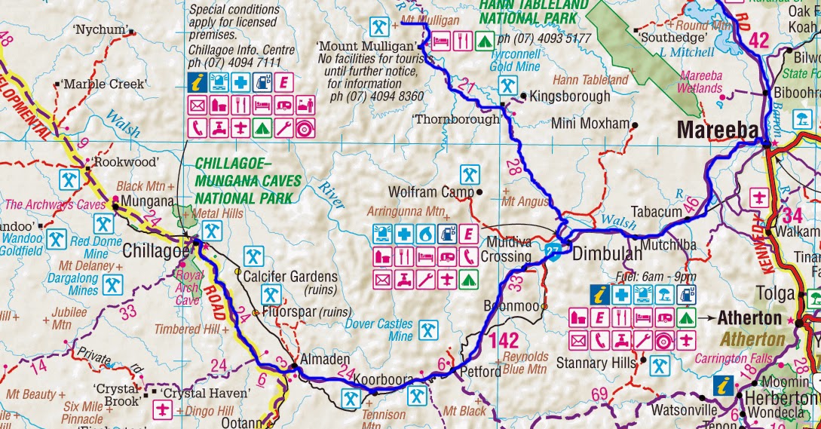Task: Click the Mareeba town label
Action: [717, 130]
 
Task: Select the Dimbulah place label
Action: [608, 254]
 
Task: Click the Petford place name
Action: [479, 372]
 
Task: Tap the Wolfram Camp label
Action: [430, 192]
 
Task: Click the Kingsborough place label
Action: [570, 97]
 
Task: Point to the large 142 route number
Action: [504, 340]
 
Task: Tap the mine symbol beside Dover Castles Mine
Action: [428, 330]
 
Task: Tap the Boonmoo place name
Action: [516, 306]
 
